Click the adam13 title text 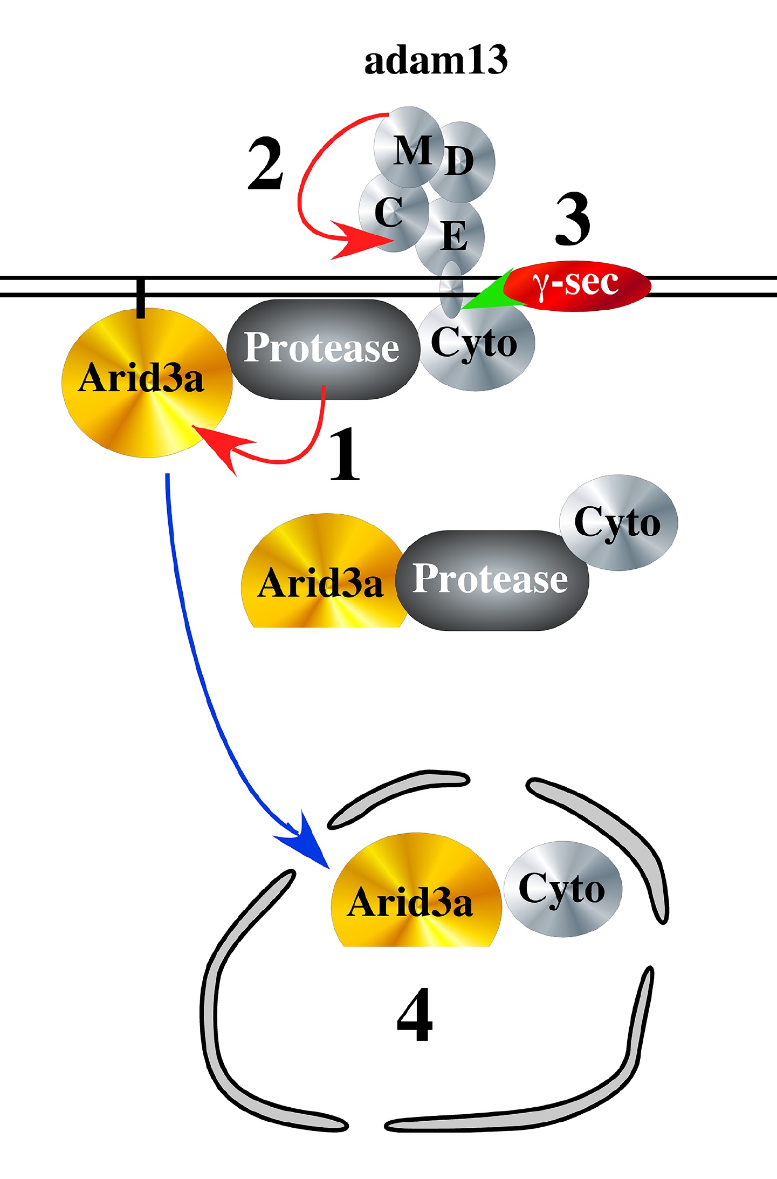pos(436,60)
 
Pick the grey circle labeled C pos(390,213)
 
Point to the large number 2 pos(265,164)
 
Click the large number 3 pos(573,219)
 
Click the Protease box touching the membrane pos(322,349)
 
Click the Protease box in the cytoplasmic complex pos(491,580)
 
